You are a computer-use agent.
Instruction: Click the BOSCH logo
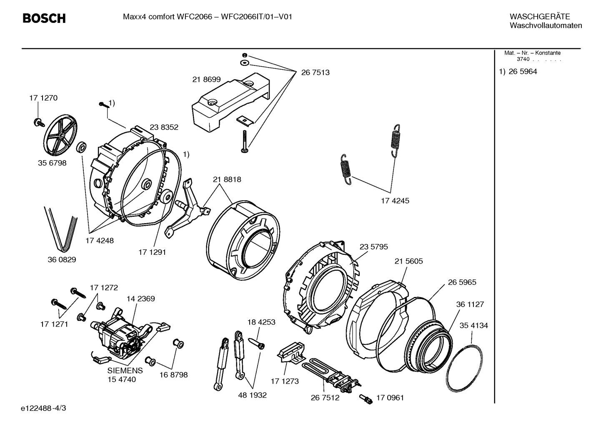click(44, 18)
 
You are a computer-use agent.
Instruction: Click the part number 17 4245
click(395, 201)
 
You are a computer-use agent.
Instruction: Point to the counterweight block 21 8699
click(229, 102)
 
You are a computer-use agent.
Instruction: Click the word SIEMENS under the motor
click(125, 370)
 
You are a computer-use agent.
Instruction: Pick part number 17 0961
click(390, 397)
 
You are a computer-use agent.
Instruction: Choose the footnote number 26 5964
click(523, 71)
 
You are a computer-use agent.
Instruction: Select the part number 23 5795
click(373, 247)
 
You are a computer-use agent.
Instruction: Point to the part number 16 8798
click(173, 375)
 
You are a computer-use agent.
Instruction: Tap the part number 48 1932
click(252, 395)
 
